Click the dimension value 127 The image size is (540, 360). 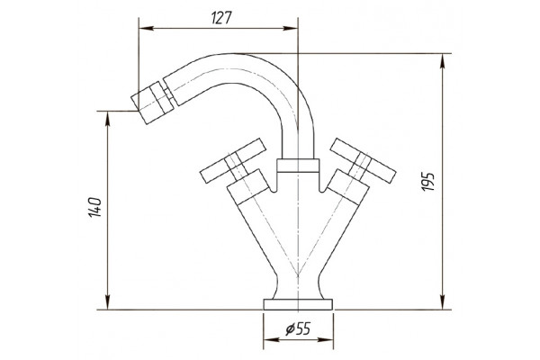click(x=221, y=18)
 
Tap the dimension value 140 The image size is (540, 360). click(x=95, y=207)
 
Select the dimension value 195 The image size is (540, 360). click(x=428, y=182)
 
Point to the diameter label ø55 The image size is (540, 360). click(x=298, y=329)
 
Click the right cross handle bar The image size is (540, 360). click(x=363, y=160)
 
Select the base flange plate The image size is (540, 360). click(x=298, y=304)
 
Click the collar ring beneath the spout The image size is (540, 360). click(x=298, y=166)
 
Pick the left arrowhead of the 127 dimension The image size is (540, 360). click(x=146, y=28)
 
